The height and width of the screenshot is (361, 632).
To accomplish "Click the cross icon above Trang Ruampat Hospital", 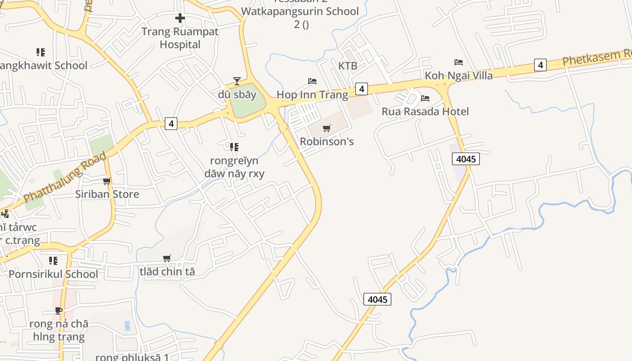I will coord(180,19).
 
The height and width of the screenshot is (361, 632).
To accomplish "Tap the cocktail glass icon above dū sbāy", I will coord(237,81).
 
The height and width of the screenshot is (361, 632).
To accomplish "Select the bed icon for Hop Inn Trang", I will coord(312,81).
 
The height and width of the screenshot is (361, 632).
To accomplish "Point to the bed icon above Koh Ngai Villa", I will coord(459,62).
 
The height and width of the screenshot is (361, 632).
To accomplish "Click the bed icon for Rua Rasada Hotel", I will coord(425,98).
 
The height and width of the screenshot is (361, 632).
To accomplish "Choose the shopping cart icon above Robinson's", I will coord(327,128).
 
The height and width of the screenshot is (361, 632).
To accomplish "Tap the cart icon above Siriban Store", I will coord(107,181).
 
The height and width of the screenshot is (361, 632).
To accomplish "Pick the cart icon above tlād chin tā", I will coord(167,259).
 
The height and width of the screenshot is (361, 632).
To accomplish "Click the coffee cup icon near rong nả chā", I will coord(59,310).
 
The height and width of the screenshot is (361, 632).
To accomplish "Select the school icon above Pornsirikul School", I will coord(53,261).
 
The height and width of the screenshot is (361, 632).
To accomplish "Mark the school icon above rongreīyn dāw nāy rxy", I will coord(234,147).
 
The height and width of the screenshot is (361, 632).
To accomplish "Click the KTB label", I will coord(348,66).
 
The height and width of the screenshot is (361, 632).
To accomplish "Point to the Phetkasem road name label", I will coord(596,58).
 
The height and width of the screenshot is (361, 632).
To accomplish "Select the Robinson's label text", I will coord(327,142).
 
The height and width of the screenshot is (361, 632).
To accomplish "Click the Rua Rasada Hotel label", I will coord(425,111).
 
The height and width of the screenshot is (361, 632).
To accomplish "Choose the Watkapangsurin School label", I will coord(300,12).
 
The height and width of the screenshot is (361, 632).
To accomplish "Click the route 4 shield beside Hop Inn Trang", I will coord(361,89).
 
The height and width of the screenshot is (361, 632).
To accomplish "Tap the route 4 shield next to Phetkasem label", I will coord(540,65).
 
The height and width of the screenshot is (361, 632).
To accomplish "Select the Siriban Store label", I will coord(107,194).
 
